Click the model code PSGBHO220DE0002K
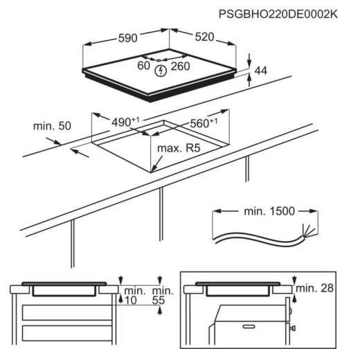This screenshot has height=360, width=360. coord(278,15)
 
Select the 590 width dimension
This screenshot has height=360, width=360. coord(127,38)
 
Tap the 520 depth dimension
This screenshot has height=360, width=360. coord(204,37)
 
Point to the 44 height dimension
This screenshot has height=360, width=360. coord(260,71)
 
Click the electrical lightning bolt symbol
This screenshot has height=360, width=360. coord(161,71)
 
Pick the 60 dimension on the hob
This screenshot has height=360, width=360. coord(143,66)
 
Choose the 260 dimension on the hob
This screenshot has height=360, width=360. coord(180,66)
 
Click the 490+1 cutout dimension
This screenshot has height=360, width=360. coord(125,122)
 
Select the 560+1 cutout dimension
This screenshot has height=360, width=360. coord(204,123)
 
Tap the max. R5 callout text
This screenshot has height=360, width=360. coord(179,148)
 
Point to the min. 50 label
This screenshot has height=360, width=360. coord(52,126)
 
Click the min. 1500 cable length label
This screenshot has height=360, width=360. coord(269,211)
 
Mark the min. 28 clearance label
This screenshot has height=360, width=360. coord(314,288)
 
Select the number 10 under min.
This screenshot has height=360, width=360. coord(131,300)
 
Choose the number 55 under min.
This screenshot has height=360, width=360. coord(159,300)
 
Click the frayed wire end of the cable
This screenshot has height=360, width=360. coord(308,231)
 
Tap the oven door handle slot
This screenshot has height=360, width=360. coord(249,326)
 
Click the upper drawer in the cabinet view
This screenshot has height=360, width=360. coord(67,312)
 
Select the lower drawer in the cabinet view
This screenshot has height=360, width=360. coord(67,333)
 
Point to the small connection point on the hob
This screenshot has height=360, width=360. coord(159,60)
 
